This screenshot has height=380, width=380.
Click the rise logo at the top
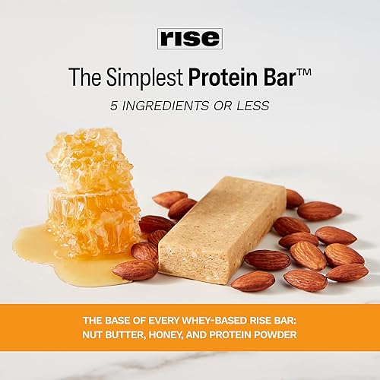click(x=190, y=39)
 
